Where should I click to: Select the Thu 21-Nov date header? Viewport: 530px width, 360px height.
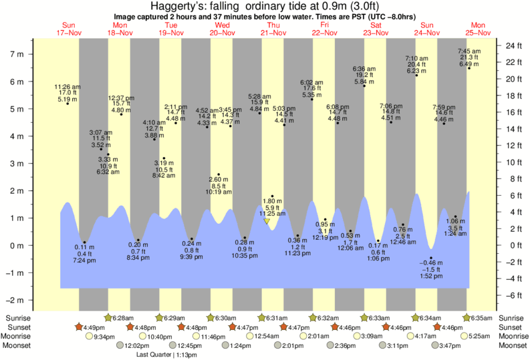(x=274, y=28)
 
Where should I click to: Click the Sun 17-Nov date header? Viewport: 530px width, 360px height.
(x=69, y=28)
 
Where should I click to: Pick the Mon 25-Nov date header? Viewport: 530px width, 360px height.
(x=479, y=28)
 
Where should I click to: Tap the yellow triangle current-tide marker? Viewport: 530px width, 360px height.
(x=267, y=221)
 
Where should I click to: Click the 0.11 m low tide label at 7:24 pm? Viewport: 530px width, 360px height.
(x=84, y=254)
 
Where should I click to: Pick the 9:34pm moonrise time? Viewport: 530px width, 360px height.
(x=104, y=337)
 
